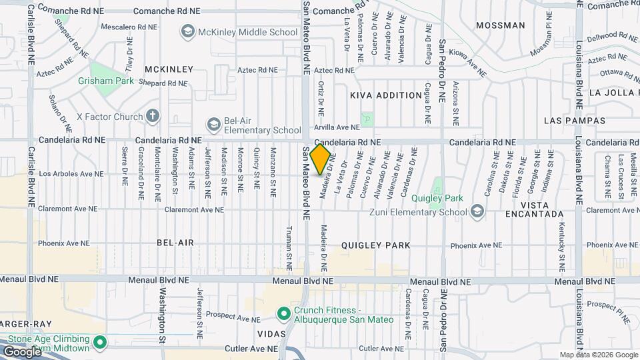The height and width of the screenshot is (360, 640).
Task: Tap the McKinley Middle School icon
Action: coord(188,32)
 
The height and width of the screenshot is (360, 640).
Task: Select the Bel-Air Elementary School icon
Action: coord(213,125)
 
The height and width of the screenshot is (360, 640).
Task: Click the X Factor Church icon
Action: coord(152,116)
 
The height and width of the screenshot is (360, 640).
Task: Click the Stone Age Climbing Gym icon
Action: coord(100,343)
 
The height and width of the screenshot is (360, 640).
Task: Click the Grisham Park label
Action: coord(106,81)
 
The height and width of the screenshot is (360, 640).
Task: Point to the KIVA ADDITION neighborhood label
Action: coord(386,95)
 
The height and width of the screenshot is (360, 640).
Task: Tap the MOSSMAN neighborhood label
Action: coord(501,25)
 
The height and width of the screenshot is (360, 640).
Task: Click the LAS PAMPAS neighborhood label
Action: coord(575,121)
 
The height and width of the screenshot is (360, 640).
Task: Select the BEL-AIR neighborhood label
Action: coord(175,243)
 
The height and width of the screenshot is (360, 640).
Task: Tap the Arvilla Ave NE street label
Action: coord(337,127)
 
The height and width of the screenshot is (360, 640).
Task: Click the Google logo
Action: coord(22,351)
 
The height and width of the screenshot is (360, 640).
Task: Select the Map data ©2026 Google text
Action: coord(598,355)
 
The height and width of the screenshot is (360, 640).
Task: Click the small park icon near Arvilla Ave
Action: coord(367,119)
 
